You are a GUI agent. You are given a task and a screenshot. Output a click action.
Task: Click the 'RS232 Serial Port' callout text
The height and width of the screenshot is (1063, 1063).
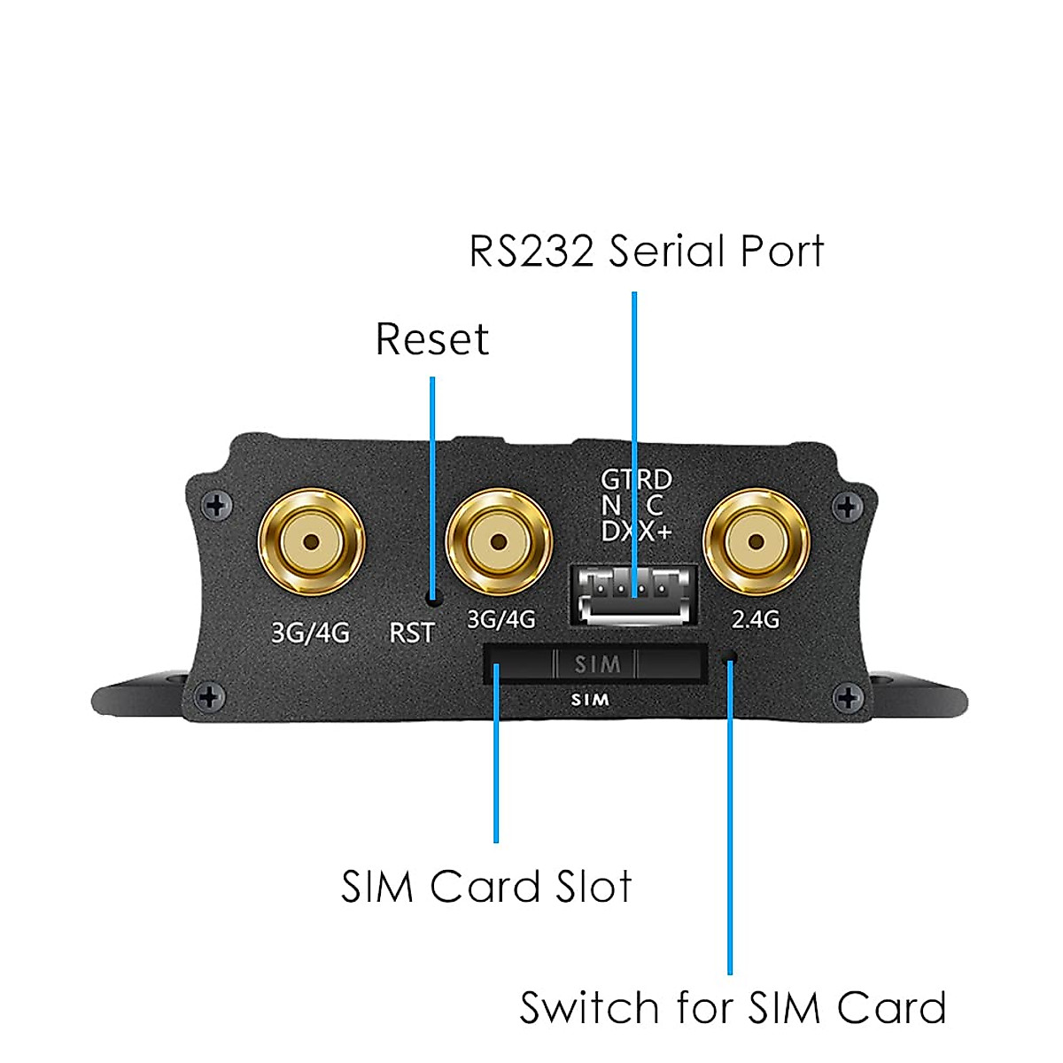pos(646,251)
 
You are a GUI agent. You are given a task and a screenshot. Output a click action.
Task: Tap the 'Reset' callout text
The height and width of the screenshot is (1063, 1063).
pos(431,339)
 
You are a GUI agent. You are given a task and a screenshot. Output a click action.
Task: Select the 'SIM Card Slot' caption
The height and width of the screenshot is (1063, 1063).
pos(486,887)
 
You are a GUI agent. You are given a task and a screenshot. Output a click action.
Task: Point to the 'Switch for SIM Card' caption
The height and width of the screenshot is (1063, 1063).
pos(733,1008)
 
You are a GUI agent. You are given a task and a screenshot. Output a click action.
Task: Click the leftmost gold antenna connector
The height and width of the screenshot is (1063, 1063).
pos(312,541)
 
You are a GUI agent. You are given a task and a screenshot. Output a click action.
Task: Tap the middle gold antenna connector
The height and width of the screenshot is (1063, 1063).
pos(499,541)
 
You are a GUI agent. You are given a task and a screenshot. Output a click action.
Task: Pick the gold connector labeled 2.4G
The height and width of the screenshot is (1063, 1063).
pos(756,541)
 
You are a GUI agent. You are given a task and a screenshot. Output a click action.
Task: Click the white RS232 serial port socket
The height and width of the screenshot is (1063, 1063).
pos(632,594)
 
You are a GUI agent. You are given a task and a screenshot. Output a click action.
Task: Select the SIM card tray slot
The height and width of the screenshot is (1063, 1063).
pos(594,664)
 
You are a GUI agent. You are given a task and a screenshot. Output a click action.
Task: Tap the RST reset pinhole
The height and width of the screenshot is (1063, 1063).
pos(433,599)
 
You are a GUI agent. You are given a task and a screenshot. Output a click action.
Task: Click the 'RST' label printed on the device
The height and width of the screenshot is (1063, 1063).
pos(412,632)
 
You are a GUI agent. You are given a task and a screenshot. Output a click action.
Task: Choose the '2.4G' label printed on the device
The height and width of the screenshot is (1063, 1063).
pos(756,619)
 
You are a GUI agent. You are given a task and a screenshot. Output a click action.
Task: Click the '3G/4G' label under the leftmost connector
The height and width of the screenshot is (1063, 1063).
pos(310,632)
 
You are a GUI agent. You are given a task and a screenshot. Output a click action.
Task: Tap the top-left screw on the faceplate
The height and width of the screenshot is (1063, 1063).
pos(216,506)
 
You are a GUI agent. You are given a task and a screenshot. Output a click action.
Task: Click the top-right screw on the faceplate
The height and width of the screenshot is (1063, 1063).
pos(849,507)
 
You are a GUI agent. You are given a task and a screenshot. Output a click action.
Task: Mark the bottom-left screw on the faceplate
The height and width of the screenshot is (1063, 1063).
pos(209,696)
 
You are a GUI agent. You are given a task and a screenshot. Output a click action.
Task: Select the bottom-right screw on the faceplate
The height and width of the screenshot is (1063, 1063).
pos(849,698)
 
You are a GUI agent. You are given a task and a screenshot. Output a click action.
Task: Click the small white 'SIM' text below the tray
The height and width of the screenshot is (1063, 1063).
pos(590,700)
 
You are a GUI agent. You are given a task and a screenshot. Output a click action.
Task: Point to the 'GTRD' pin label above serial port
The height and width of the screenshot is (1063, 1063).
pos(636,480)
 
